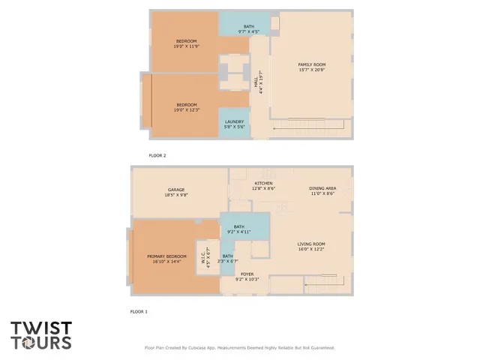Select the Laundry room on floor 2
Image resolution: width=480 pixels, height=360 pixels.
[x=233, y=123]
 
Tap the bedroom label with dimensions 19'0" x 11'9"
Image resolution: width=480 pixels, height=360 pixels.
[x=187, y=43]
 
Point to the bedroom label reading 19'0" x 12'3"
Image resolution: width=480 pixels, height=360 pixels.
[x=187, y=106]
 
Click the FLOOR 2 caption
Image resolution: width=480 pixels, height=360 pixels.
[x=157, y=155]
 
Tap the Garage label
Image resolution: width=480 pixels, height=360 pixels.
[x=175, y=192]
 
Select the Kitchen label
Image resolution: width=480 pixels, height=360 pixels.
[x=263, y=185]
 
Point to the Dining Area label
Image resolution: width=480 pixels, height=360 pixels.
[x=322, y=190]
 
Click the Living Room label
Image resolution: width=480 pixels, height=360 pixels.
[x=311, y=246]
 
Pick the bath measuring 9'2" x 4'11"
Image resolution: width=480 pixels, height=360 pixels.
[x=238, y=229]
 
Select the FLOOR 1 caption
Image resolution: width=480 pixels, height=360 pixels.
[x=138, y=310]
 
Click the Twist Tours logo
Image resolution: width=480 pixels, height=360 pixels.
[x=41, y=335]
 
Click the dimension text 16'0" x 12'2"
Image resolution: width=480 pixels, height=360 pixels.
[x=311, y=249]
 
